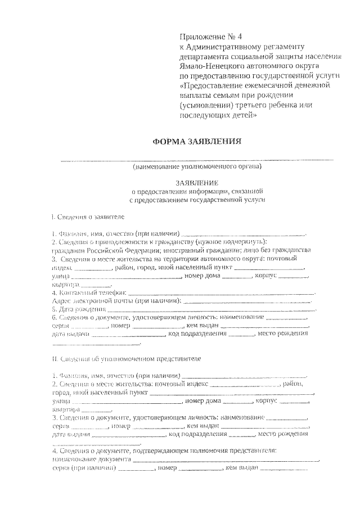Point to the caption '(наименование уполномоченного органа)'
(x=197, y=167)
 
